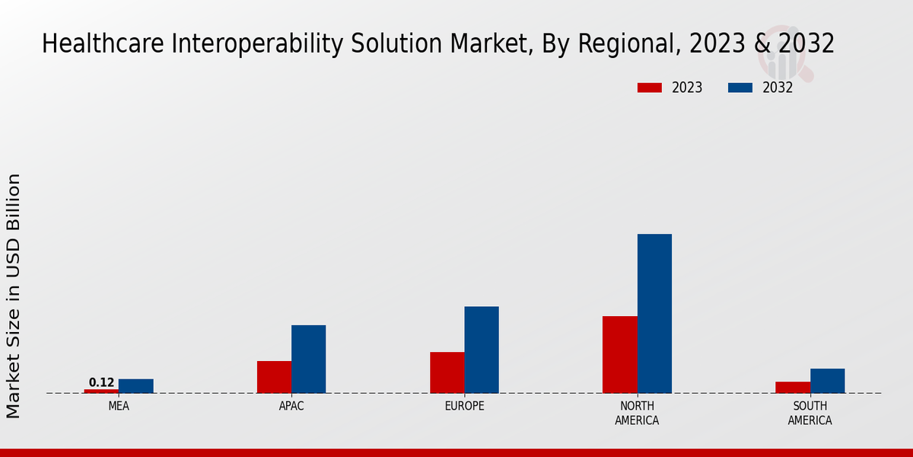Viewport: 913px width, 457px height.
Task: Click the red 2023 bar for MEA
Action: click(x=101, y=391)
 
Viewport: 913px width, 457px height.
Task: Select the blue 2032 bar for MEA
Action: click(x=136, y=386)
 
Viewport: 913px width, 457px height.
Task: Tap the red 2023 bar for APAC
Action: click(x=274, y=377)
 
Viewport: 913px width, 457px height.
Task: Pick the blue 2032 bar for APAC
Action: click(x=309, y=359)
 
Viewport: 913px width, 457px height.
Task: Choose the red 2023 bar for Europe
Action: click(x=447, y=372)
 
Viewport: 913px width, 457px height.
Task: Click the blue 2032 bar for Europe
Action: click(x=482, y=350)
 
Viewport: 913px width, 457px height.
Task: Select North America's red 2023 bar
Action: click(x=620, y=354)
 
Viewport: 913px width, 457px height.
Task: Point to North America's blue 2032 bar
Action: click(x=654, y=313)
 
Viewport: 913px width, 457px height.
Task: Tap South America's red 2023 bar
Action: click(x=793, y=387)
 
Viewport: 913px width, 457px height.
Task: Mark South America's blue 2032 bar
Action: click(x=827, y=381)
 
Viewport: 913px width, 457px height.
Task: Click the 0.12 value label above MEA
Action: click(x=101, y=382)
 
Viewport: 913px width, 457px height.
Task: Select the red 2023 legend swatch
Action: click(x=650, y=88)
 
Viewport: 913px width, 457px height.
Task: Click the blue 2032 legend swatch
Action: click(x=740, y=88)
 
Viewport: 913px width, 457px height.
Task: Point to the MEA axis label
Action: click(x=119, y=406)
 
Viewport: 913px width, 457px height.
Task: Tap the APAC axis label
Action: click(x=291, y=406)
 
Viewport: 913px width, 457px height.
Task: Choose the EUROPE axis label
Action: click(x=464, y=406)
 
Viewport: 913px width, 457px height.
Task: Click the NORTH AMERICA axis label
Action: click(x=637, y=413)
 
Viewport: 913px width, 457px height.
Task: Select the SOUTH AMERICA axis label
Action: click(x=810, y=413)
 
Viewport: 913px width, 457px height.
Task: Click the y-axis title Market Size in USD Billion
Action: click(x=14, y=296)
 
